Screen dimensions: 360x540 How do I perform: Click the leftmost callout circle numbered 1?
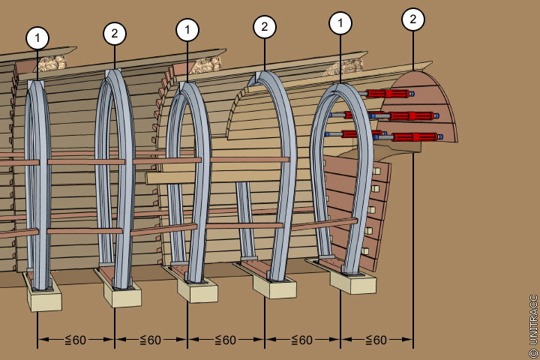click(37, 37)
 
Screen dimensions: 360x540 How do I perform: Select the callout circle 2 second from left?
click(115, 34)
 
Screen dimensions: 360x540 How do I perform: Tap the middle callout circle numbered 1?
click(187, 31)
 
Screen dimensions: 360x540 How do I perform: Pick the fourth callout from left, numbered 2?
click(264, 27)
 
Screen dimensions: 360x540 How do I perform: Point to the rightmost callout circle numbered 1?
click(340, 23)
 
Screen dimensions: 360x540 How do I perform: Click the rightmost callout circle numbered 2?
click(413, 19)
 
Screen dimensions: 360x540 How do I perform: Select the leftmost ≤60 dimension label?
click(76, 340)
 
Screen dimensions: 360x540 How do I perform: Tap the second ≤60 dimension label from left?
click(151, 340)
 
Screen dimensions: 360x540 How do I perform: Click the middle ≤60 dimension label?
click(226, 340)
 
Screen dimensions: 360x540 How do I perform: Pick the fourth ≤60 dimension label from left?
click(301, 340)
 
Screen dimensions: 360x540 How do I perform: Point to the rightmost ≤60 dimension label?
click(376, 340)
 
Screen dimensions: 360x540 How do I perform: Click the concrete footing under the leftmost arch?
click(44, 298)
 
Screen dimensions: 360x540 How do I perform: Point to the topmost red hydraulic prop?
click(388, 94)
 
